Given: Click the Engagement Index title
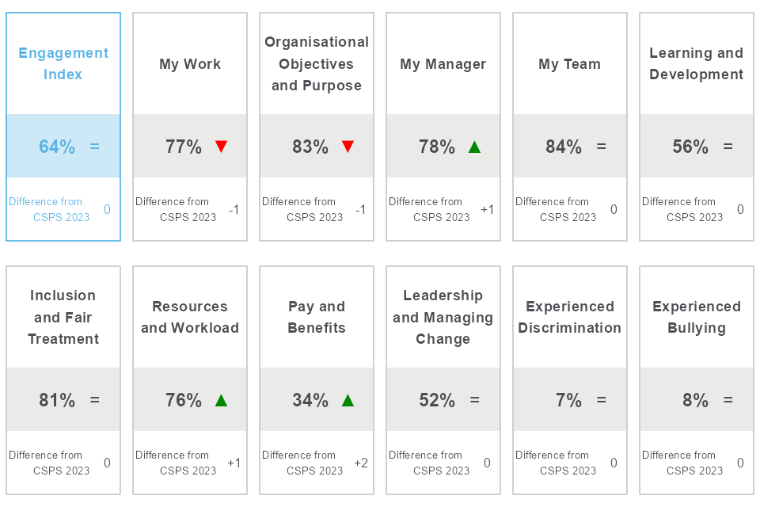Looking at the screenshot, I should (x=63, y=63).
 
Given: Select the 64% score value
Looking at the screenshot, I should (x=57, y=147).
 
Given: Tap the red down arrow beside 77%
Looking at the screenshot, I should (x=221, y=147).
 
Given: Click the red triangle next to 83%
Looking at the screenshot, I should (x=348, y=147).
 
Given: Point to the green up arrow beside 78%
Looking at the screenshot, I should (x=474, y=147).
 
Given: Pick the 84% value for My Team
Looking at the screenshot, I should (x=564, y=147).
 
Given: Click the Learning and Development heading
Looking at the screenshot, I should (x=697, y=63).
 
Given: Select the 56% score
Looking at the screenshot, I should (x=690, y=147).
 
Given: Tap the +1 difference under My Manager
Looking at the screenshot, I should (x=488, y=209).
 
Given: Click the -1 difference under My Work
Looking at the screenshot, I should (x=234, y=209).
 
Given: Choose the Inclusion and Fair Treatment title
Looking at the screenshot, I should (x=63, y=317).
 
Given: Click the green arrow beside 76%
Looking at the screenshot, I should (x=221, y=400).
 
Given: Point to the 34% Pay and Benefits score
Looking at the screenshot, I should (x=310, y=400).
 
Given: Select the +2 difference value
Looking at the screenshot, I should (x=361, y=463).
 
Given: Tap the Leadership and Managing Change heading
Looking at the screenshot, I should (x=443, y=317).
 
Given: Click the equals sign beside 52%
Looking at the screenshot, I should (x=475, y=400).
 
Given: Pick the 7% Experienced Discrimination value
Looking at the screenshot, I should (x=568, y=400).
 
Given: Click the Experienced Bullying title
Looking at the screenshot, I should (x=697, y=317).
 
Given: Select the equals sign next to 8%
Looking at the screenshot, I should (x=728, y=400).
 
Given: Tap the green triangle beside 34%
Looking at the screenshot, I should (x=348, y=400).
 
